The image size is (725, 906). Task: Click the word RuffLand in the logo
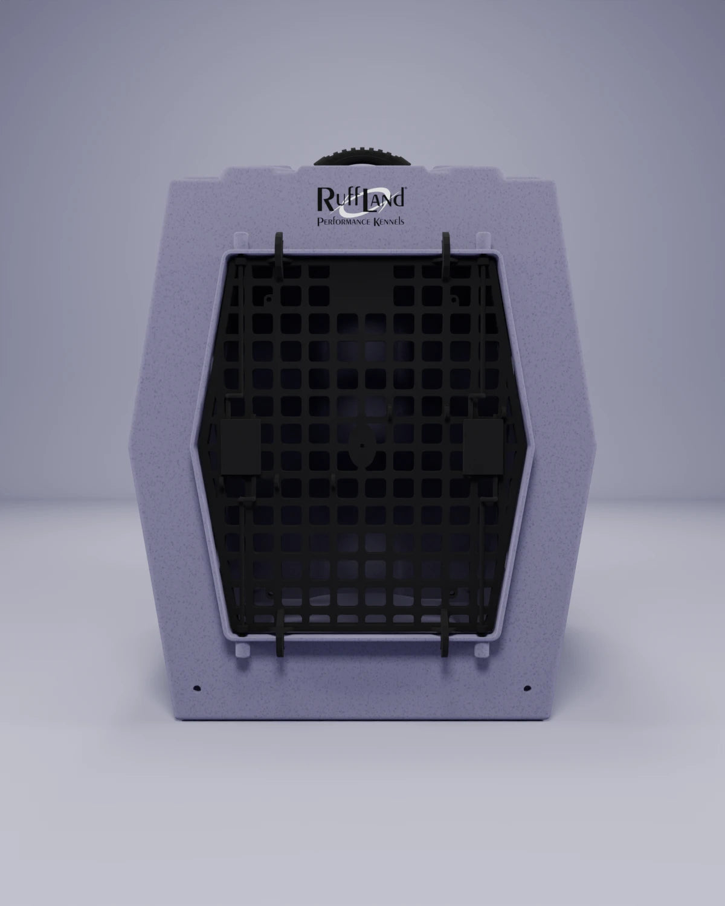click(x=361, y=199)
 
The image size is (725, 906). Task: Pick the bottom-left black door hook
click(x=279, y=631)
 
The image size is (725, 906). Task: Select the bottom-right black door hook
click(x=445, y=632)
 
